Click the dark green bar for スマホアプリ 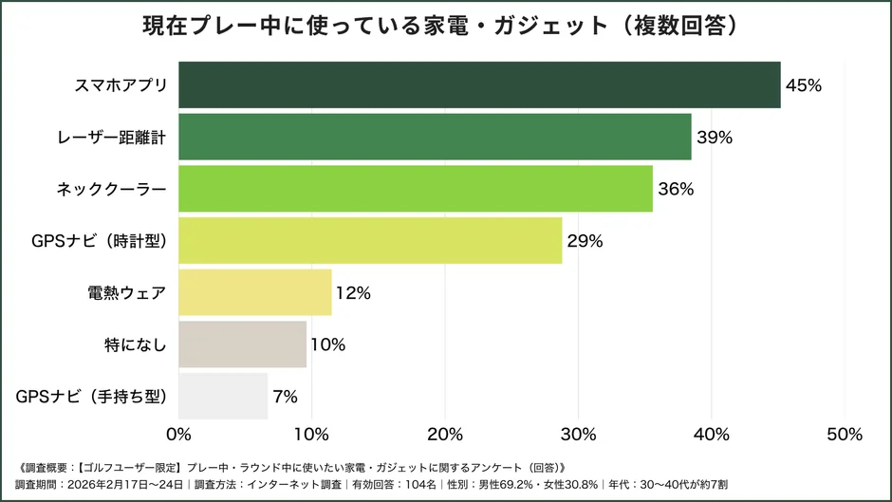(479, 84)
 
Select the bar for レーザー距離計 (435, 137)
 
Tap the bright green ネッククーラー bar (416, 189)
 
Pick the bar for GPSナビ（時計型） (370, 241)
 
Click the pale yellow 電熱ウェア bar (255, 292)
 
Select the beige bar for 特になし (242, 344)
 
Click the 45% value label (803, 85)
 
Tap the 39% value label (715, 138)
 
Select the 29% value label (585, 241)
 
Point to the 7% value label (286, 397)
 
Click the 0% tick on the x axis (178, 435)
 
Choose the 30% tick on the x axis (579, 435)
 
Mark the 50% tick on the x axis (845, 435)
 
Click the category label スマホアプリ (121, 85)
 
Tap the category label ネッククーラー (111, 189)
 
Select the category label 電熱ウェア (127, 293)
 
